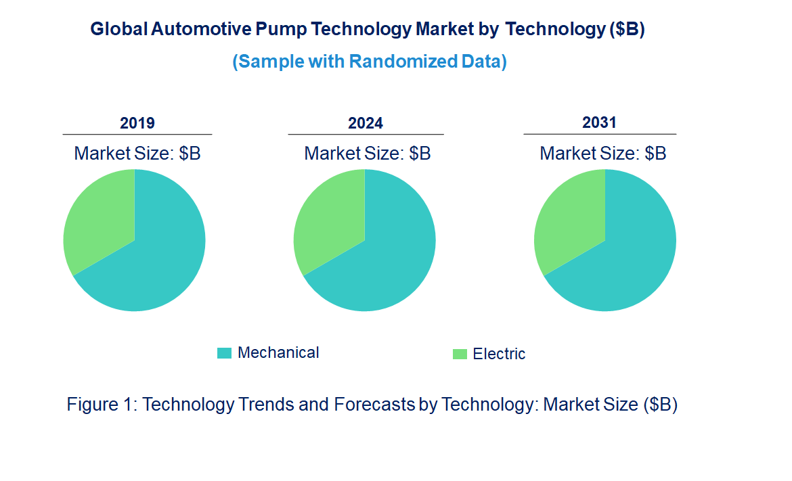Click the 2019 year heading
(x=137, y=123)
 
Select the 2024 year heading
(x=366, y=123)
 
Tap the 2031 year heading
(x=599, y=122)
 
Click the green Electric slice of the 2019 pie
(x=98, y=216)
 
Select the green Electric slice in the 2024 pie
(x=328, y=216)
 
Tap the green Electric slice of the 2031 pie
(x=569, y=216)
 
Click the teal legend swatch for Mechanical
(x=224, y=353)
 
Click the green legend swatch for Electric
(x=460, y=354)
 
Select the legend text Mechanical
(x=278, y=352)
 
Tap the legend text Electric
(x=499, y=354)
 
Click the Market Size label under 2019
(x=137, y=154)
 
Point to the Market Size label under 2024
(x=368, y=154)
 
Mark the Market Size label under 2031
(x=602, y=154)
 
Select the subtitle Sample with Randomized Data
(x=370, y=62)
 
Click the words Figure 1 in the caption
(x=102, y=405)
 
